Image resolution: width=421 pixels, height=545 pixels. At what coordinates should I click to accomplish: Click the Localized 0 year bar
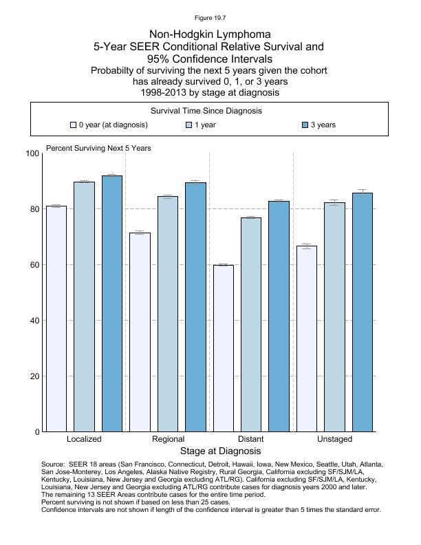(x=56, y=319)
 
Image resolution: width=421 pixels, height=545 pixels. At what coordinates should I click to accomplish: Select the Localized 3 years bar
(x=112, y=303)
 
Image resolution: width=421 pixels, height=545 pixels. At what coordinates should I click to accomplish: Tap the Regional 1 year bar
(x=168, y=314)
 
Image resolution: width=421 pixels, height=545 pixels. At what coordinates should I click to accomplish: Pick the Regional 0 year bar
(x=140, y=332)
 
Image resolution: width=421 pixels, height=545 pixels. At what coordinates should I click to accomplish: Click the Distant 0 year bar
(x=223, y=348)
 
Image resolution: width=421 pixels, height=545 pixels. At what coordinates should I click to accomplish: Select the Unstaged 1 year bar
(x=334, y=317)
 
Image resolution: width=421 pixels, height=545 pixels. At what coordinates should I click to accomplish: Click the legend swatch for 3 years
(x=305, y=125)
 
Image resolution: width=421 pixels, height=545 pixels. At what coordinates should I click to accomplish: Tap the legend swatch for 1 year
(x=189, y=125)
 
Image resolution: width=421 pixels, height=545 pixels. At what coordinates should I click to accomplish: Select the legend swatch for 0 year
(x=73, y=125)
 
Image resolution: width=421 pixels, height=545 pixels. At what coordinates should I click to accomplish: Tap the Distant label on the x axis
(x=250, y=439)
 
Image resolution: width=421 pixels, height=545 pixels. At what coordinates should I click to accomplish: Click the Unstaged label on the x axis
(x=334, y=439)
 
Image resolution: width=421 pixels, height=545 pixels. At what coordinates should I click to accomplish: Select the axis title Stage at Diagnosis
(x=220, y=451)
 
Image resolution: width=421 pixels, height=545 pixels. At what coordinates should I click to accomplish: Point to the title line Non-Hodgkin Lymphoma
(x=210, y=34)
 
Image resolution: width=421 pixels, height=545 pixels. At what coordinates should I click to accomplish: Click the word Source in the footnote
(x=54, y=464)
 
